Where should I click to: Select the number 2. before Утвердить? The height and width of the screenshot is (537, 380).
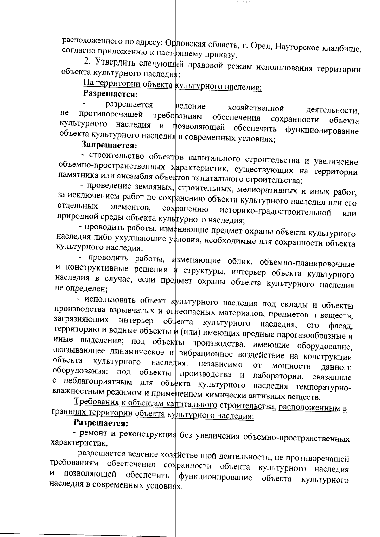[x=88, y=60]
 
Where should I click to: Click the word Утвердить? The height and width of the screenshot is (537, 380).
[x=116, y=61]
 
